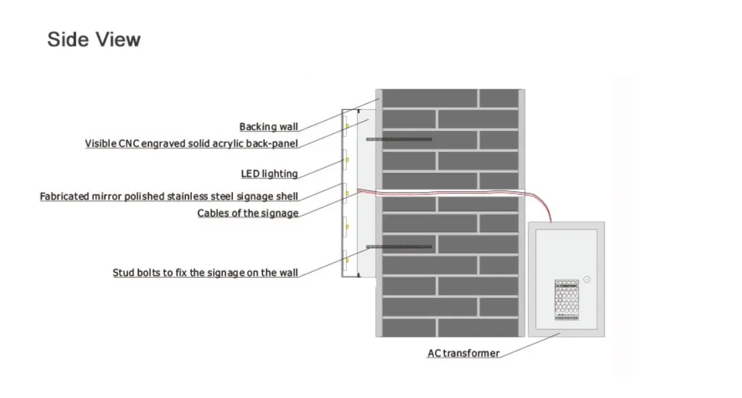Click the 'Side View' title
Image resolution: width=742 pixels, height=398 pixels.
[94, 39]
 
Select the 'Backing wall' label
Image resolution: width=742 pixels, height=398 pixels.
[268, 127]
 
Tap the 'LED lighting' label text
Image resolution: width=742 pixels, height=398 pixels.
[269, 174]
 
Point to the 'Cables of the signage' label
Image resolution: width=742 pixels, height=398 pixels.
[248, 213]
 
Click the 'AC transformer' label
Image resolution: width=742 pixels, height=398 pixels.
[463, 353]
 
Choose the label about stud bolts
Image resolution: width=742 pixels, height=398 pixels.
[205, 273]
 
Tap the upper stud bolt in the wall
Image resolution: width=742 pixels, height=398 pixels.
[399, 139]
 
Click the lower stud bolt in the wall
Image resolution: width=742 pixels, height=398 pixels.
[399, 247]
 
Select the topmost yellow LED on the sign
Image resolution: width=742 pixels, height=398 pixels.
[347, 126]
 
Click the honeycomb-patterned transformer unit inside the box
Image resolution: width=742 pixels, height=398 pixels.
[567, 299]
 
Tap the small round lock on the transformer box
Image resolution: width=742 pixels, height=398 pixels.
[586, 279]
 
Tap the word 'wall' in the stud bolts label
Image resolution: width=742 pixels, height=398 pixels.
[287, 273]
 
